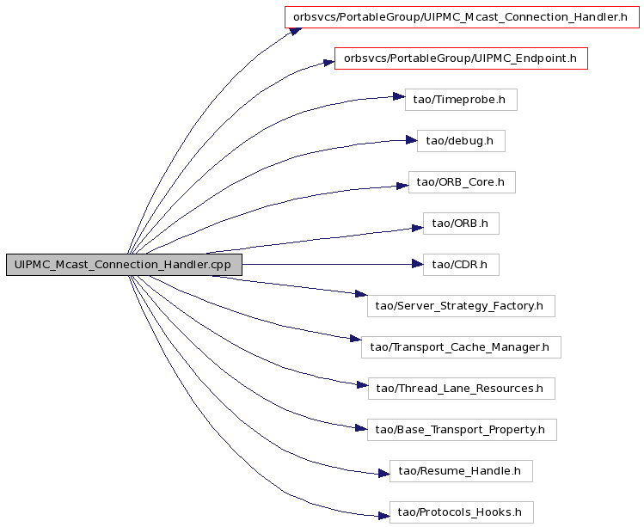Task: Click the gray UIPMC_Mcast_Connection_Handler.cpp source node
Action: click(x=124, y=265)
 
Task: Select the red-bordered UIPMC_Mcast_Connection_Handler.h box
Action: click(x=462, y=17)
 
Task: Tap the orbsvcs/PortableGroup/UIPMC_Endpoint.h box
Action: click(x=461, y=58)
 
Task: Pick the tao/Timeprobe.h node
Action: click(x=461, y=100)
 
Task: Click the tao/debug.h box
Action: click(x=461, y=141)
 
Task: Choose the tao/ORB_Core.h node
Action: click(x=462, y=182)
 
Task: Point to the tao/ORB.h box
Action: click(x=461, y=224)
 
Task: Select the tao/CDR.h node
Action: click(x=461, y=265)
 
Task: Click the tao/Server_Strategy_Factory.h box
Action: click(x=461, y=306)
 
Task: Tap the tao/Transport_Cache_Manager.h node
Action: click(x=461, y=347)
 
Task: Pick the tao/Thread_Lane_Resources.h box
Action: click(x=461, y=389)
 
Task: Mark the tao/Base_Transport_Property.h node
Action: click(x=462, y=430)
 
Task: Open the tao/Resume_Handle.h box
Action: click(x=461, y=471)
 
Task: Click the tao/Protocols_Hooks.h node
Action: click(x=461, y=512)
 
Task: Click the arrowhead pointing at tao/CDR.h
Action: click(x=417, y=265)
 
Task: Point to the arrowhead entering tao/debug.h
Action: click(x=412, y=140)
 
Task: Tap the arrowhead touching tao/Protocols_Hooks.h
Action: click(x=383, y=516)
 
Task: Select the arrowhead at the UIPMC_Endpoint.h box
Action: click(x=329, y=63)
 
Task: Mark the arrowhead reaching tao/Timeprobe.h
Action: click(x=399, y=96)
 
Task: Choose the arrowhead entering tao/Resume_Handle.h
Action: click(x=383, y=474)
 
